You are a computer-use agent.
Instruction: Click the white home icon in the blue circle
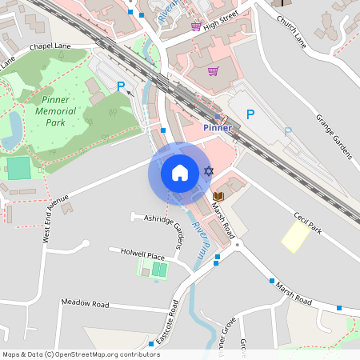pyautogui.click(x=179, y=173)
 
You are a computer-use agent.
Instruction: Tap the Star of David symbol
pyautogui.click(x=210, y=172)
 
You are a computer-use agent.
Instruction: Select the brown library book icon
pyautogui.click(x=218, y=196)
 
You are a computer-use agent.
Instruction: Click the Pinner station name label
pyautogui.click(x=217, y=127)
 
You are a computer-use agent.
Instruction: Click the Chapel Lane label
pyautogui.click(x=50, y=47)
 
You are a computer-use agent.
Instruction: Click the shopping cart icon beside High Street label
pyautogui.click(x=195, y=26)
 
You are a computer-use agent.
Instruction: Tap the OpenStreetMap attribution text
pyautogui.click(x=81, y=354)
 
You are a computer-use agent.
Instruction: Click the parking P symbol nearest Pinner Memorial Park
pyautogui.click(x=121, y=86)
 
